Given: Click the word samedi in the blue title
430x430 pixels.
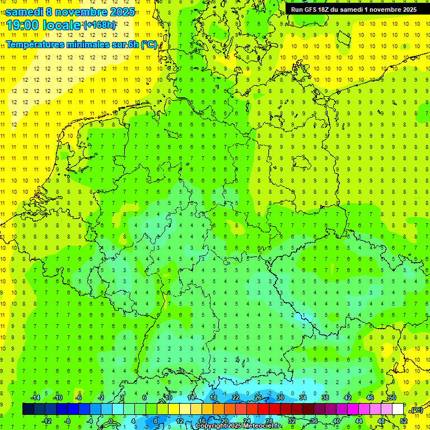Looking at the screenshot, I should tap(26, 12).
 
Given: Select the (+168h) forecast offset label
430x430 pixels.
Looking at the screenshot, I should tap(100, 25).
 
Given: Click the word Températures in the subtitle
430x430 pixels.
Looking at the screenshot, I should tap(35, 45).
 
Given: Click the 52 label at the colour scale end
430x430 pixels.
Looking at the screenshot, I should tap(404, 421).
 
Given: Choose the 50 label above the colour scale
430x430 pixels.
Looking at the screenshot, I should tap(392, 398).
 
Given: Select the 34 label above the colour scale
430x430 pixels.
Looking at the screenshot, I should tap(303, 398).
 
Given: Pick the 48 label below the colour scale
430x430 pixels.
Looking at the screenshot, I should tap(381, 421).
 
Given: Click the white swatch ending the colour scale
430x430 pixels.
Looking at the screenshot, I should tap(398, 409).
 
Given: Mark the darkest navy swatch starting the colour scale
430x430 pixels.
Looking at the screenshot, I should tap(28, 409).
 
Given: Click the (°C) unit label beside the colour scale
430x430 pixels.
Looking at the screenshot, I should tap(416, 410).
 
